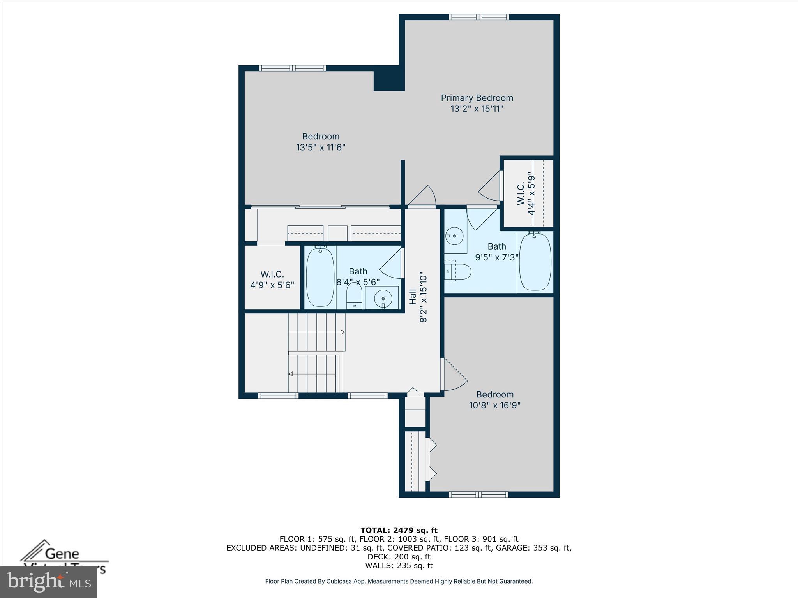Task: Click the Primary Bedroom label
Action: click(477, 98)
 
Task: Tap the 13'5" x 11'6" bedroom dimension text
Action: click(321, 148)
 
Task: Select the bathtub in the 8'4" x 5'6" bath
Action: click(320, 277)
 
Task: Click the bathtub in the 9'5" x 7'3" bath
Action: click(535, 261)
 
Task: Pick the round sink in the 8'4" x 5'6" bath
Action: click(383, 299)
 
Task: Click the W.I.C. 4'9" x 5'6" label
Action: click(272, 280)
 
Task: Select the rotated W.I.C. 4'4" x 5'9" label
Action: click(526, 194)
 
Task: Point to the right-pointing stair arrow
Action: click(343, 332)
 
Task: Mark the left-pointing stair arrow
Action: click(291, 374)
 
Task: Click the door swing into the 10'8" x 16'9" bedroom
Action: click(454, 375)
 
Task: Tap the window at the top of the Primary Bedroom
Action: click(479, 17)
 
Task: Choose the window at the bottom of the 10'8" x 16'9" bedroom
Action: click(479, 494)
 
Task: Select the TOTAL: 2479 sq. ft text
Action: click(399, 530)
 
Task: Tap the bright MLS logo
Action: click(49, 582)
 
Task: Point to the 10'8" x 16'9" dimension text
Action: click(494, 405)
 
